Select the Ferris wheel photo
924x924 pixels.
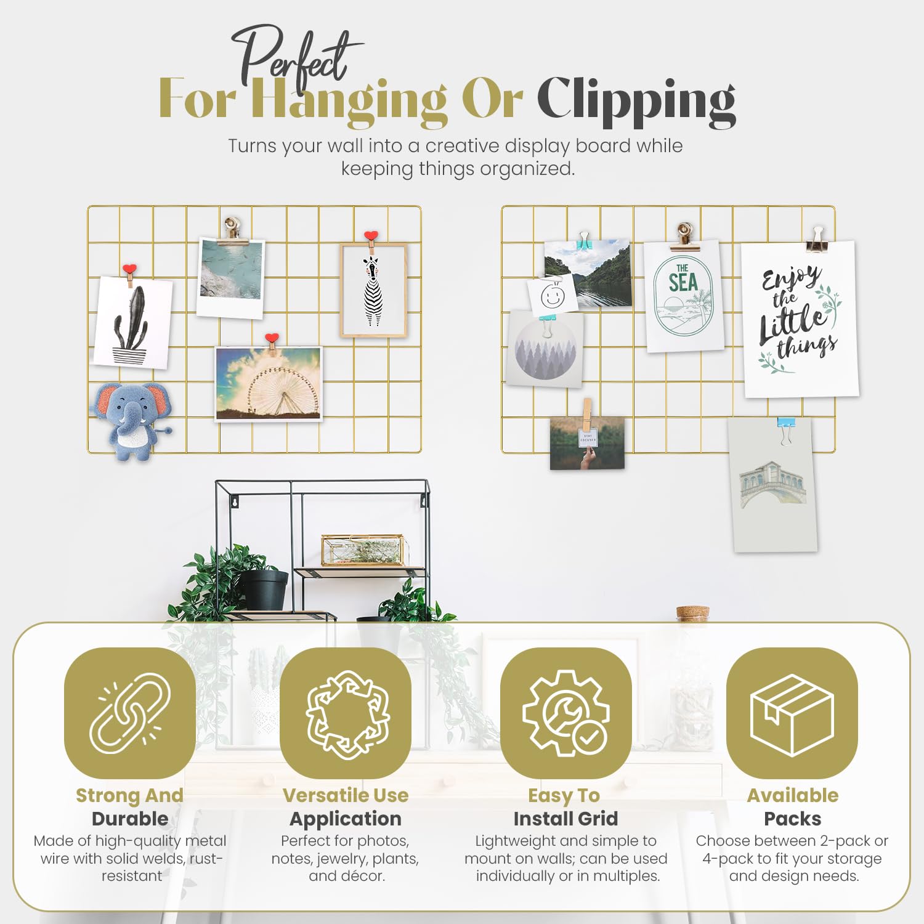click(x=269, y=384)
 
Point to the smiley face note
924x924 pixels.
click(x=552, y=296)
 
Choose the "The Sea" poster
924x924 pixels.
click(x=684, y=296)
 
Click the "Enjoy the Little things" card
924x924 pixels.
click(x=800, y=319)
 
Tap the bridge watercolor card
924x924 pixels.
click(x=773, y=485)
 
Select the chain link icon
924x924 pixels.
click(x=130, y=713)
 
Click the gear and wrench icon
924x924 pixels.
click(x=565, y=713)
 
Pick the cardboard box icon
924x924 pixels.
click(x=792, y=713)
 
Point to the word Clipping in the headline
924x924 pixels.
click(x=636, y=101)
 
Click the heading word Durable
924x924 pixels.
click(x=130, y=819)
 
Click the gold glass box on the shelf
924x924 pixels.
click(x=363, y=550)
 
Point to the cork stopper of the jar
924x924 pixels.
click(x=693, y=613)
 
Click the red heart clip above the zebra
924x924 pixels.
click(x=370, y=236)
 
